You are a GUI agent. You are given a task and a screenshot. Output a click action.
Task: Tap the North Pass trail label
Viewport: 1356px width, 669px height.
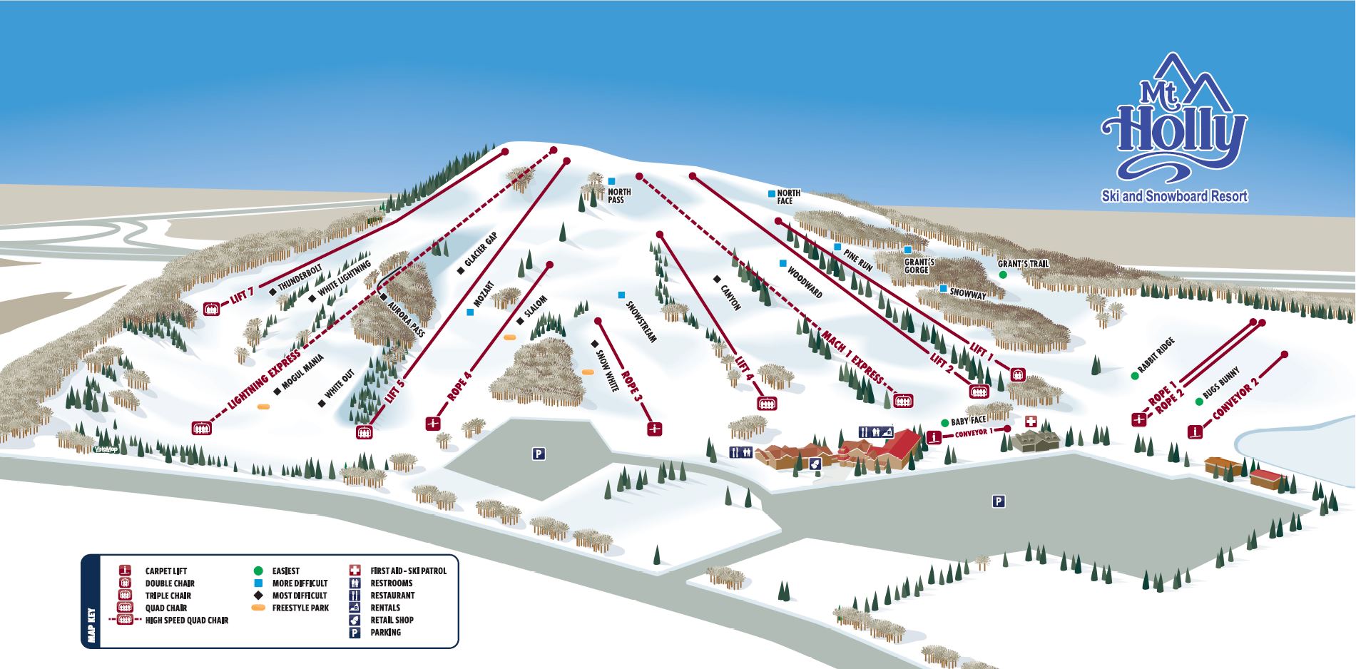pyautogui.click(x=618, y=195)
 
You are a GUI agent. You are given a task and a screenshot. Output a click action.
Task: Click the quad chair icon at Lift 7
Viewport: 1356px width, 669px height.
pyautogui.click(x=210, y=309)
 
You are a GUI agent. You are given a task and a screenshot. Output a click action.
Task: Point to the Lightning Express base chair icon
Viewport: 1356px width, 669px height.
pyautogui.click(x=201, y=428)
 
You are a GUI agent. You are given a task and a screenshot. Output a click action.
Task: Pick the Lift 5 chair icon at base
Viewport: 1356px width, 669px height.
pyautogui.click(x=365, y=431)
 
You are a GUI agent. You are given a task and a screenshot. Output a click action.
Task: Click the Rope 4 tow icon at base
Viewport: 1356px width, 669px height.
pyautogui.click(x=432, y=424)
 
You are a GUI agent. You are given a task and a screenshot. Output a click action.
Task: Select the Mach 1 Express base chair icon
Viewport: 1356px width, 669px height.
pyautogui.click(x=903, y=400)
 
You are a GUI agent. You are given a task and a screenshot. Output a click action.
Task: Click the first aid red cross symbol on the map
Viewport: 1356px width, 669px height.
pyautogui.click(x=1031, y=420)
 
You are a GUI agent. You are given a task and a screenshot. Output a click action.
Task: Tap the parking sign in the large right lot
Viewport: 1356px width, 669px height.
pyautogui.click(x=998, y=501)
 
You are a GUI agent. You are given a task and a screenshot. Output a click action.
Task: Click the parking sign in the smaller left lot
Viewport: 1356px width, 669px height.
pyautogui.click(x=539, y=453)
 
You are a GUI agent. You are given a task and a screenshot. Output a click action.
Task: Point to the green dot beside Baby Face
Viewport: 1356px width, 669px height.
pyautogui.click(x=944, y=422)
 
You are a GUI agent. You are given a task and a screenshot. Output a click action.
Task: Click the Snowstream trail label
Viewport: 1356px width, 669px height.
pyautogui.click(x=640, y=322)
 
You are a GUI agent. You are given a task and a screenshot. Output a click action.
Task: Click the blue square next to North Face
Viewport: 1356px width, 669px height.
pyautogui.click(x=771, y=193)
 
